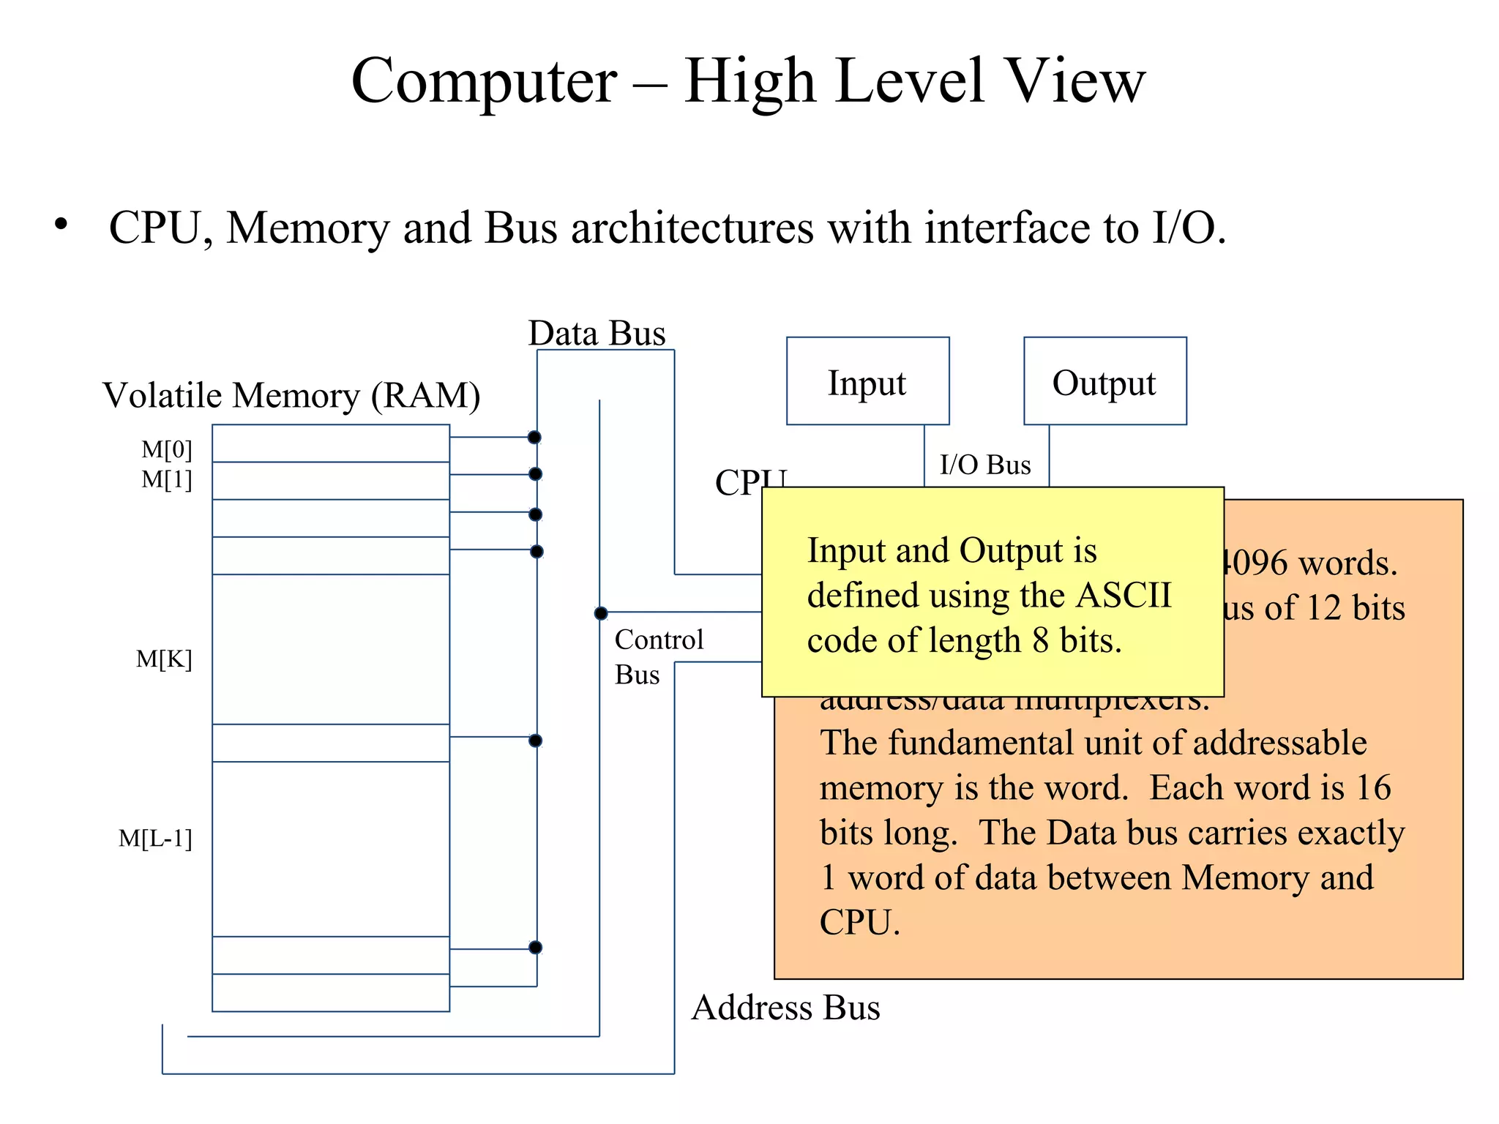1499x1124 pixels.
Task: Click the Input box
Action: (x=867, y=381)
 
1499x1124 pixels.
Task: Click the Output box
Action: (x=1104, y=381)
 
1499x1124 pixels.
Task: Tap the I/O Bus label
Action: (x=985, y=465)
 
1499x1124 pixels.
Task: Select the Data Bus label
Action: (x=597, y=334)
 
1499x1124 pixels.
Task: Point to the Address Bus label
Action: (x=785, y=1008)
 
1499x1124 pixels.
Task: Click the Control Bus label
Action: (x=657, y=656)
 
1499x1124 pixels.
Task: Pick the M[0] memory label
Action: (x=167, y=449)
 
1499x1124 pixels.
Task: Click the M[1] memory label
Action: (x=167, y=480)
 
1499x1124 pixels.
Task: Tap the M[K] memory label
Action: (x=164, y=659)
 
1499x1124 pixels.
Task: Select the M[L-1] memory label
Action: (x=155, y=839)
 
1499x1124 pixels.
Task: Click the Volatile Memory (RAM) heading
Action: (x=291, y=395)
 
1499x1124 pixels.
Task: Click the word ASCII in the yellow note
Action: (x=1124, y=595)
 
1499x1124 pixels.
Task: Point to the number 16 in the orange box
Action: (x=1372, y=787)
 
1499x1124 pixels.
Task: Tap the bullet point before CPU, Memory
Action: (x=61, y=225)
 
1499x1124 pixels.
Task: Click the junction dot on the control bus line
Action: (x=601, y=613)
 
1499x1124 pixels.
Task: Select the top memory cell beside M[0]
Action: (x=331, y=443)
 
